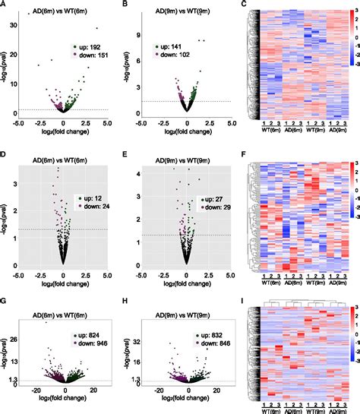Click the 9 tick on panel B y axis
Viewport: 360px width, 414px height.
[x=137, y=34]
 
